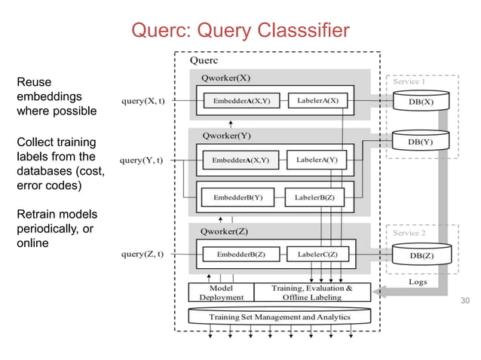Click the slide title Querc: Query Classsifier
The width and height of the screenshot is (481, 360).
[x=240, y=30]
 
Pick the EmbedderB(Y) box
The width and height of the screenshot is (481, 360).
[x=237, y=198]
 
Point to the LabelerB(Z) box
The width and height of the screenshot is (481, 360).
[x=316, y=198]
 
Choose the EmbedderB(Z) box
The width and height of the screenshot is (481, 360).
[x=240, y=255]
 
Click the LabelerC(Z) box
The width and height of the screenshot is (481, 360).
[x=317, y=255]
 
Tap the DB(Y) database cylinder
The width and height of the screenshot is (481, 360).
[x=421, y=142]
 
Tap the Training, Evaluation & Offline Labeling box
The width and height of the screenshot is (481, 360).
[x=311, y=292]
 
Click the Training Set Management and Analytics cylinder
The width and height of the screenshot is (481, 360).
[x=279, y=317]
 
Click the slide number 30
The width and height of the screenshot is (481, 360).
[x=464, y=301]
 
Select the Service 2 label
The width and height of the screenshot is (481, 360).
[x=409, y=233]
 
